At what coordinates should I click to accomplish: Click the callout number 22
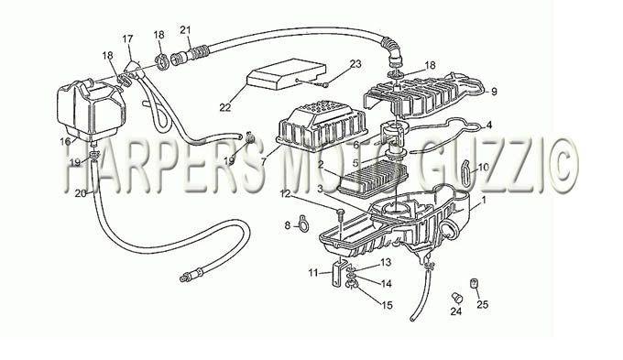pyautogui.click(x=224, y=107)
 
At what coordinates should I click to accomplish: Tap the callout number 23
pyautogui.click(x=355, y=63)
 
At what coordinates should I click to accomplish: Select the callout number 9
pyautogui.click(x=494, y=92)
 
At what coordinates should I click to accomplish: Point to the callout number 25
pyautogui.click(x=482, y=305)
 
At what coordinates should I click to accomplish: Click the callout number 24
pyautogui.click(x=456, y=311)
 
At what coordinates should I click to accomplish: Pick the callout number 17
pyautogui.click(x=127, y=39)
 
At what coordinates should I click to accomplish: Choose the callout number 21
pyautogui.click(x=185, y=30)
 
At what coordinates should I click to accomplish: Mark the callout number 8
pyautogui.click(x=288, y=225)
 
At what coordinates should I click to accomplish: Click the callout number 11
pyautogui.click(x=313, y=273)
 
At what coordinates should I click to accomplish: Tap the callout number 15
pyautogui.click(x=387, y=305)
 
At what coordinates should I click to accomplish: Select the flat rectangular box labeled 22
pyautogui.click(x=286, y=75)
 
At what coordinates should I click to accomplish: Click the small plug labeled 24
pyautogui.click(x=456, y=296)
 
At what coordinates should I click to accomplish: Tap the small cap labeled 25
pyautogui.click(x=474, y=284)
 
